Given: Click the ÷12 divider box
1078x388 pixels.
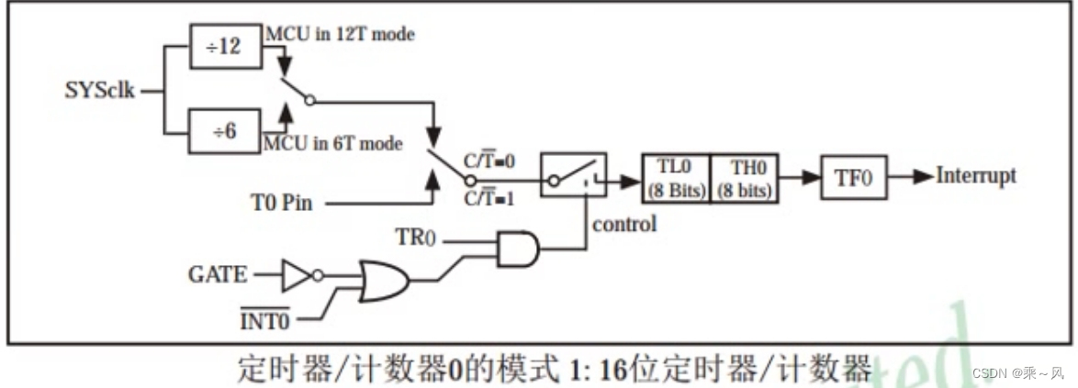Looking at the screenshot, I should (x=225, y=46).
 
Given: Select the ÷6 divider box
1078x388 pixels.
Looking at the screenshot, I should (x=225, y=131).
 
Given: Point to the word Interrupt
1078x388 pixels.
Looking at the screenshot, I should (x=976, y=176).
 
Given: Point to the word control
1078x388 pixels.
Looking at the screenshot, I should (x=624, y=223).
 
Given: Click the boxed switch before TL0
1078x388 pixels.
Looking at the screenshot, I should (x=573, y=177).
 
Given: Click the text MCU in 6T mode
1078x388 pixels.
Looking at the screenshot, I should (x=332, y=144).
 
